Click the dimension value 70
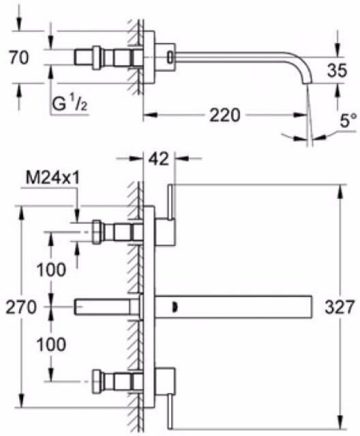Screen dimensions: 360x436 tap(19, 57)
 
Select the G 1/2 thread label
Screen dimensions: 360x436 tap(70, 104)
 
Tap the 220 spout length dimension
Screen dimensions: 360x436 tap(224, 115)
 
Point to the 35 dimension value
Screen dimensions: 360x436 tap(337, 70)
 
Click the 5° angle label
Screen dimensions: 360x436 tap(348, 121)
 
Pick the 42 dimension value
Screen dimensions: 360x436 tap(159, 159)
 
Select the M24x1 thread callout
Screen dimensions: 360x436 tap(53, 178)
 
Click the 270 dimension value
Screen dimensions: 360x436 tap(21, 307)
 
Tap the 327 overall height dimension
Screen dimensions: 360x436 tap(340, 307)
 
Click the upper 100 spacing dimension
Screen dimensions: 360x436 tap(51, 270)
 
